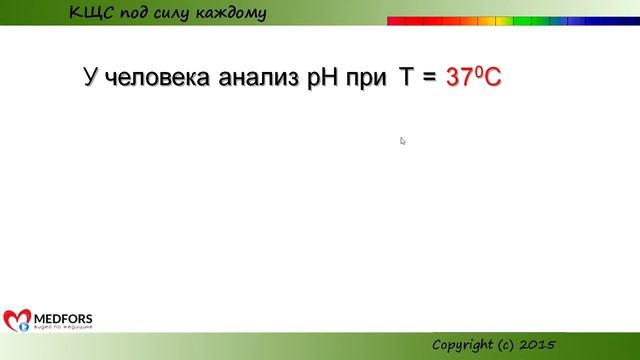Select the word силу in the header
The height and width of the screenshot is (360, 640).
click(179, 13)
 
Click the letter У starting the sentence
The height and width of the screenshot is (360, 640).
click(90, 77)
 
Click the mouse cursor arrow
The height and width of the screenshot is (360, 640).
click(402, 141)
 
